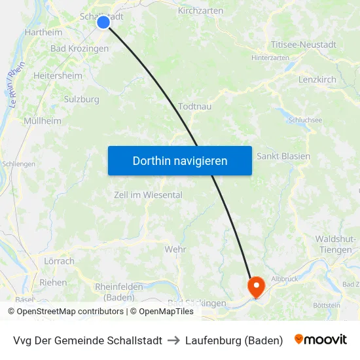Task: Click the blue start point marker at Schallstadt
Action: pos(103,22)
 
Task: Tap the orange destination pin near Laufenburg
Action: pos(255,286)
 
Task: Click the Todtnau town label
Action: pos(194,107)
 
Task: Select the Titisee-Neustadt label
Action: pos(304,45)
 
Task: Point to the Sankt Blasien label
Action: pos(283,156)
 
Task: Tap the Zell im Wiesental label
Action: pos(148,195)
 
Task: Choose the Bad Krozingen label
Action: pos(79,48)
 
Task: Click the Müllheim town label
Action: pos(43,121)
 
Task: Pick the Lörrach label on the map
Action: pos(59,261)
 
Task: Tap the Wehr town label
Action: pos(175,249)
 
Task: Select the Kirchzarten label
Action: pos(200,11)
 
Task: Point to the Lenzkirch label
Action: pos(317,79)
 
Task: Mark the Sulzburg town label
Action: pos(82,99)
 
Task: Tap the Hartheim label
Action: pos(43,32)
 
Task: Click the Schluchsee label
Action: pos(305,120)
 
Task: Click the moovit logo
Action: pos(321,340)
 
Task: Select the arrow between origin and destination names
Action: pos(173,340)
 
